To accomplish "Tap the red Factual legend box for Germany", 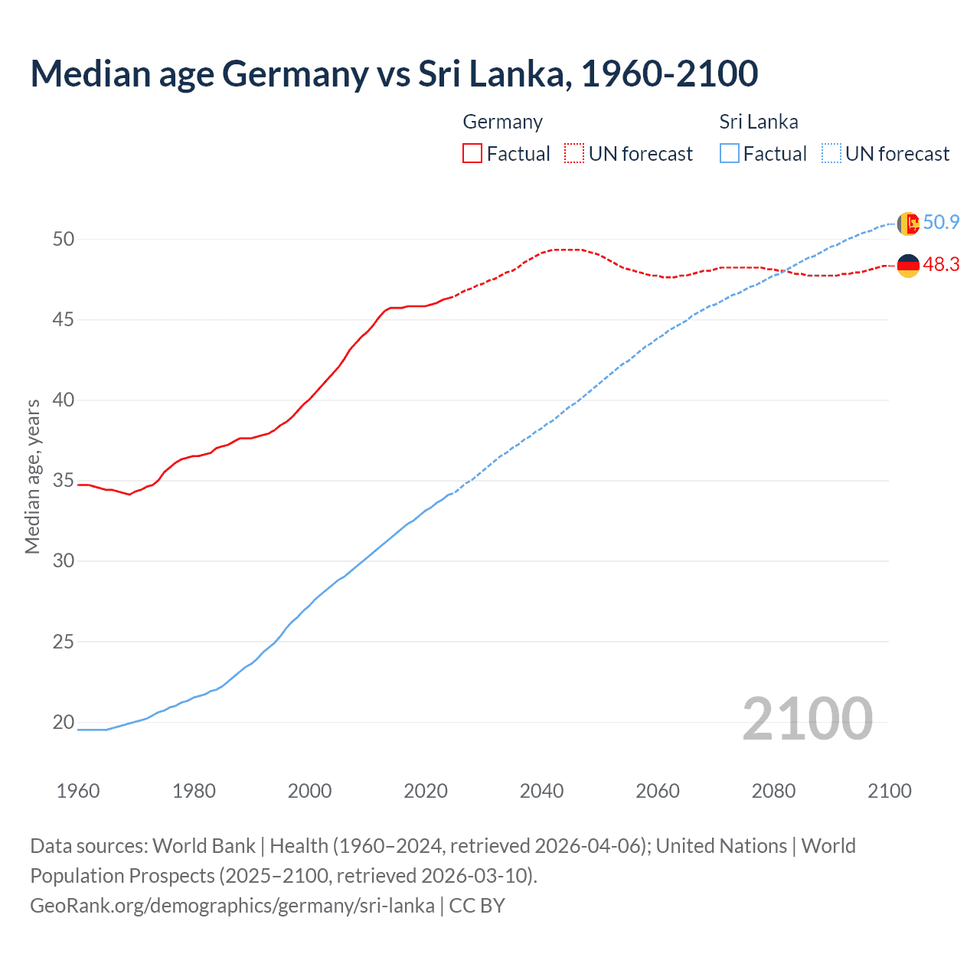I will (472, 154).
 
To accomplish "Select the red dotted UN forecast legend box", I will (574, 154).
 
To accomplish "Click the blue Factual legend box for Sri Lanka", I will (730, 154).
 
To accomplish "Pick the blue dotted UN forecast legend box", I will (831, 154).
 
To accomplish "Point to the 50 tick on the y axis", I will (64, 239).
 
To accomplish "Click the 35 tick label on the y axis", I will (64, 481).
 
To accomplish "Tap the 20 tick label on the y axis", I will (64, 722).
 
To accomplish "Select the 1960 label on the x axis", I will (78, 791).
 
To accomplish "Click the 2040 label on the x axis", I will (541, 791).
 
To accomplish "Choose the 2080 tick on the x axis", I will (773, 791).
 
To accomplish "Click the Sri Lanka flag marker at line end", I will (908, 224).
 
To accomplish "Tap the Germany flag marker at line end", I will (908, 266).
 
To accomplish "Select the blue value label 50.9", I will (941, 223).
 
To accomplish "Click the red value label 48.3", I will (941, 265).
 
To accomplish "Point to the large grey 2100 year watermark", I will (807, 719).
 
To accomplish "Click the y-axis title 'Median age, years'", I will (32, 476).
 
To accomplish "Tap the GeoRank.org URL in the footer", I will (232, 906).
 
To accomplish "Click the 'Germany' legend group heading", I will (502, 122).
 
